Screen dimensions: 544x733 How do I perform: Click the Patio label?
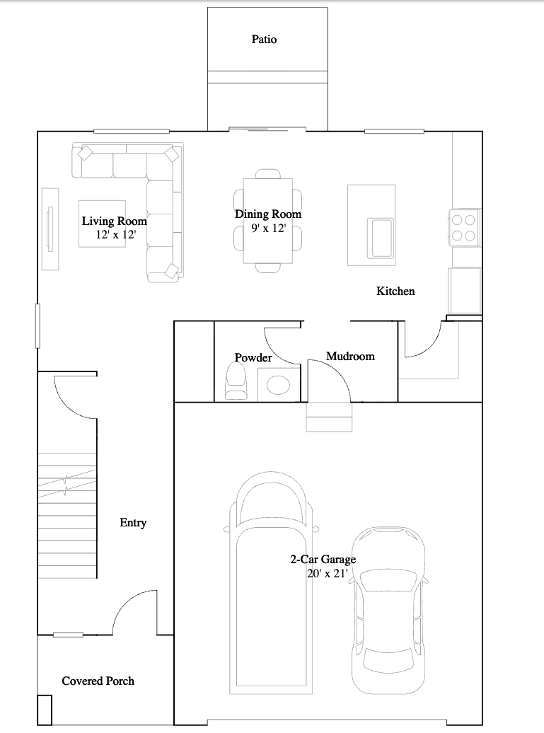click(x=264, y=40)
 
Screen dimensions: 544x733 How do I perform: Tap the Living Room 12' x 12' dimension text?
click(x=116, y=235)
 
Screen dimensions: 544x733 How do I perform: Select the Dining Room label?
click(x=268, y=214)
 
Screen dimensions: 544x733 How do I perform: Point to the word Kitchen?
click(x=395, y=292)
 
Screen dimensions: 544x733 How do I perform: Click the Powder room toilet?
click(x=236, y=382)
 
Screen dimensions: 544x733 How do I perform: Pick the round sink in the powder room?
click(x=278, y=386)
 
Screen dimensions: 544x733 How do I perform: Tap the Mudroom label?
click(x=350, y=356)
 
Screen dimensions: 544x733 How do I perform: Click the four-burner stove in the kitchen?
click(x=464, y=228)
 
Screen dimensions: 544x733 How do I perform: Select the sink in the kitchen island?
click(x=379, y=238)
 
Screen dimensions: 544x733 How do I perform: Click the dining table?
click(x=268, y=221)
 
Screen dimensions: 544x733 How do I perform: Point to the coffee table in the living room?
click(x=102, y=224)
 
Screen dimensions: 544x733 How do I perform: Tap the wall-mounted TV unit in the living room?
click(x=50, y=229)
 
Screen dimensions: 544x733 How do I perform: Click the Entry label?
click(x=133, y=523)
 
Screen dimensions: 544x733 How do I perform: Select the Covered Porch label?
click(x=98, y=681)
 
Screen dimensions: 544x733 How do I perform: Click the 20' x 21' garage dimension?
click(x=327, y=573)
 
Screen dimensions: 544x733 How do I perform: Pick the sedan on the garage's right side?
click(x=389, y=611)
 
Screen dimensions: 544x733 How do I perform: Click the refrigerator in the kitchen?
click(x=465, y=290)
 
